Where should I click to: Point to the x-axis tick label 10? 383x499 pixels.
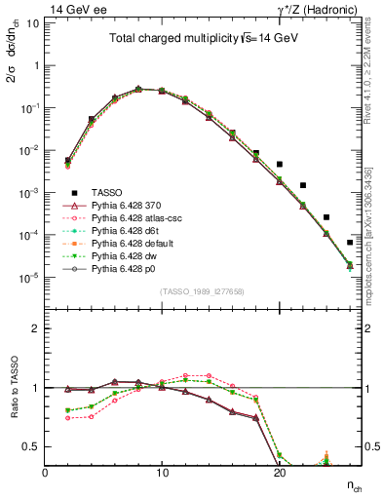162,471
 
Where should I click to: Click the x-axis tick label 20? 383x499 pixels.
279,471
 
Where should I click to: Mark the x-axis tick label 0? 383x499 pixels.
46,471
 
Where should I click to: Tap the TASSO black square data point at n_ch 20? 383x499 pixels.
280,165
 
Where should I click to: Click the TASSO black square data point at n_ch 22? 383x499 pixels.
303,185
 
